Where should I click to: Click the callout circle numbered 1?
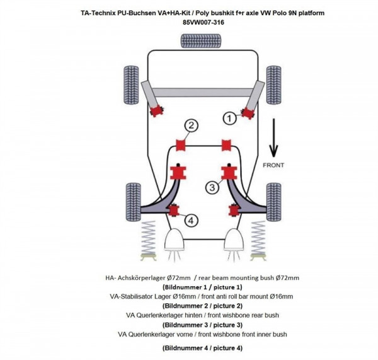click(x=231, y=117)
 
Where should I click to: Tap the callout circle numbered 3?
click(x=212, y=187)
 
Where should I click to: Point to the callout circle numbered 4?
click(x=190, y=220)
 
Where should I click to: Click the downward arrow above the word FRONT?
click(x=273, y=140)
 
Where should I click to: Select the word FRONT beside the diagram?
click(x=274, y=165)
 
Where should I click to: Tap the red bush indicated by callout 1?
click(x=246, y=113)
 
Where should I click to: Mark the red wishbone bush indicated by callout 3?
click(x=231, y=172)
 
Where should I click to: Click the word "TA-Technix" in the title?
click(x=102, y=13)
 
